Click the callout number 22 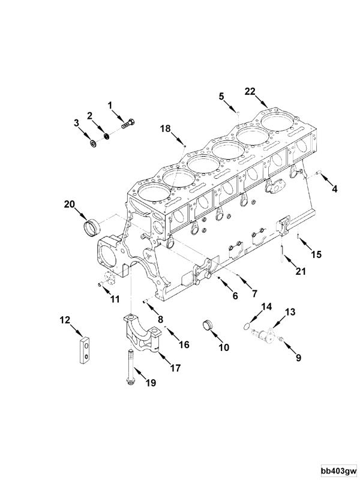[250, 91]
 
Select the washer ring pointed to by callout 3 [93, 144]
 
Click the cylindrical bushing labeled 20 [91, 229]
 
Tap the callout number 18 [166, 128]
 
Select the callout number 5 [221, 95]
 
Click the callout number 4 [334, 189]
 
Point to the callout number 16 [184, 344]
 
